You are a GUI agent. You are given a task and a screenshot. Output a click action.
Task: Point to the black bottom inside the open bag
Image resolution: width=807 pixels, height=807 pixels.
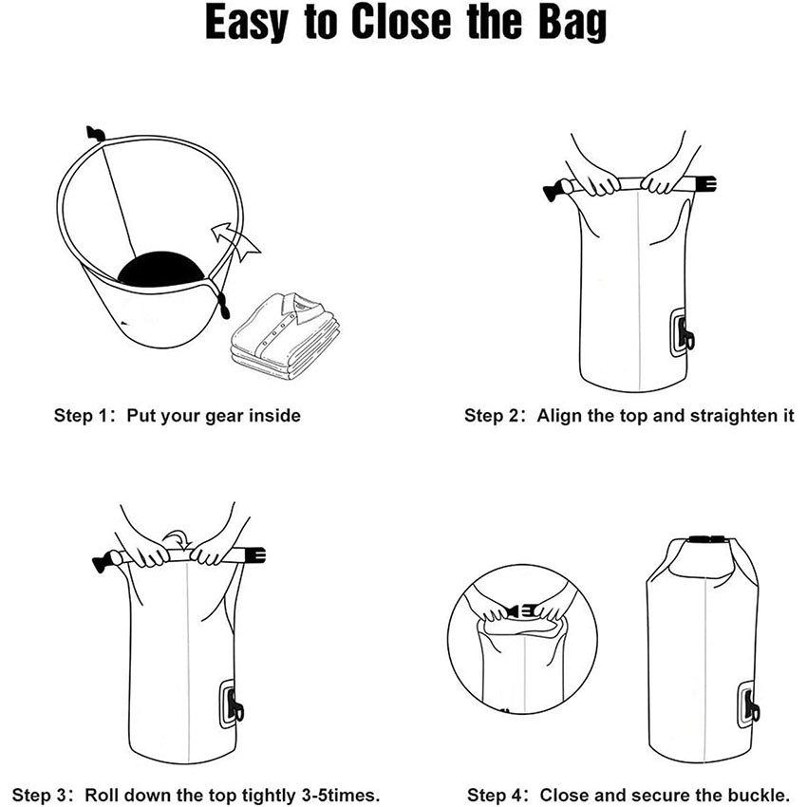[x=161, y=269]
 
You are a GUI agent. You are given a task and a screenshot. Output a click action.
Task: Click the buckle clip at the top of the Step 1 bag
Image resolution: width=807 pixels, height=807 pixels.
[x=94, y=132]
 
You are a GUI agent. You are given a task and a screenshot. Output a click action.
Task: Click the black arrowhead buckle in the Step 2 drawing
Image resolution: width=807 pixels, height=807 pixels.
[x=551, y=192]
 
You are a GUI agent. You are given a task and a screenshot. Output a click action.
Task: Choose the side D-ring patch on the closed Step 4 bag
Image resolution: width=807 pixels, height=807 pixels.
[x=748, y=704]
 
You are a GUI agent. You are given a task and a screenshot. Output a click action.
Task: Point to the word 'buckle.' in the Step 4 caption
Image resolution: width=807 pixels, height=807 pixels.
[x=759, y=794]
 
